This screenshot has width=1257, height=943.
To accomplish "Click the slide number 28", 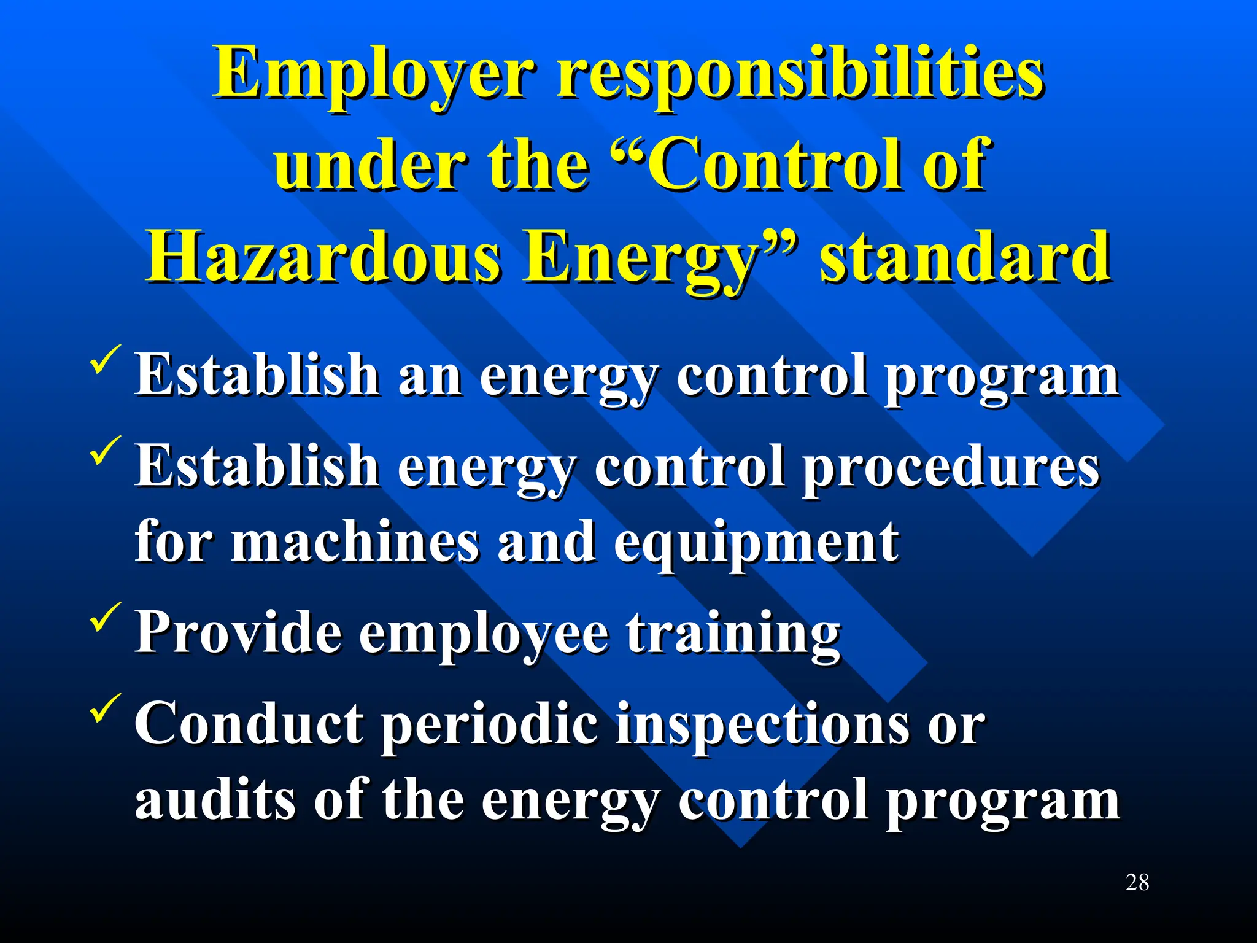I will pos(1137,882).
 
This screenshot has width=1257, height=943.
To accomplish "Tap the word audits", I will pos(214,799).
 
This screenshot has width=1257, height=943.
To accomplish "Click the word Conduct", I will pos(249,724).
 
